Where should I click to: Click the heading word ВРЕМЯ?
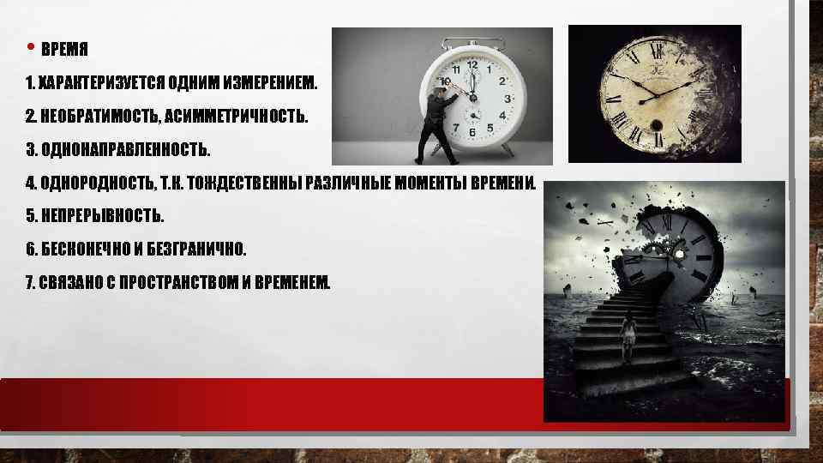coord(65,49)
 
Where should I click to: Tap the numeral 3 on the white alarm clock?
coord(508,99)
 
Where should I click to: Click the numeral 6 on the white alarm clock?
coord(472,134)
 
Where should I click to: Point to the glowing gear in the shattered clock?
coord(680,254)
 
